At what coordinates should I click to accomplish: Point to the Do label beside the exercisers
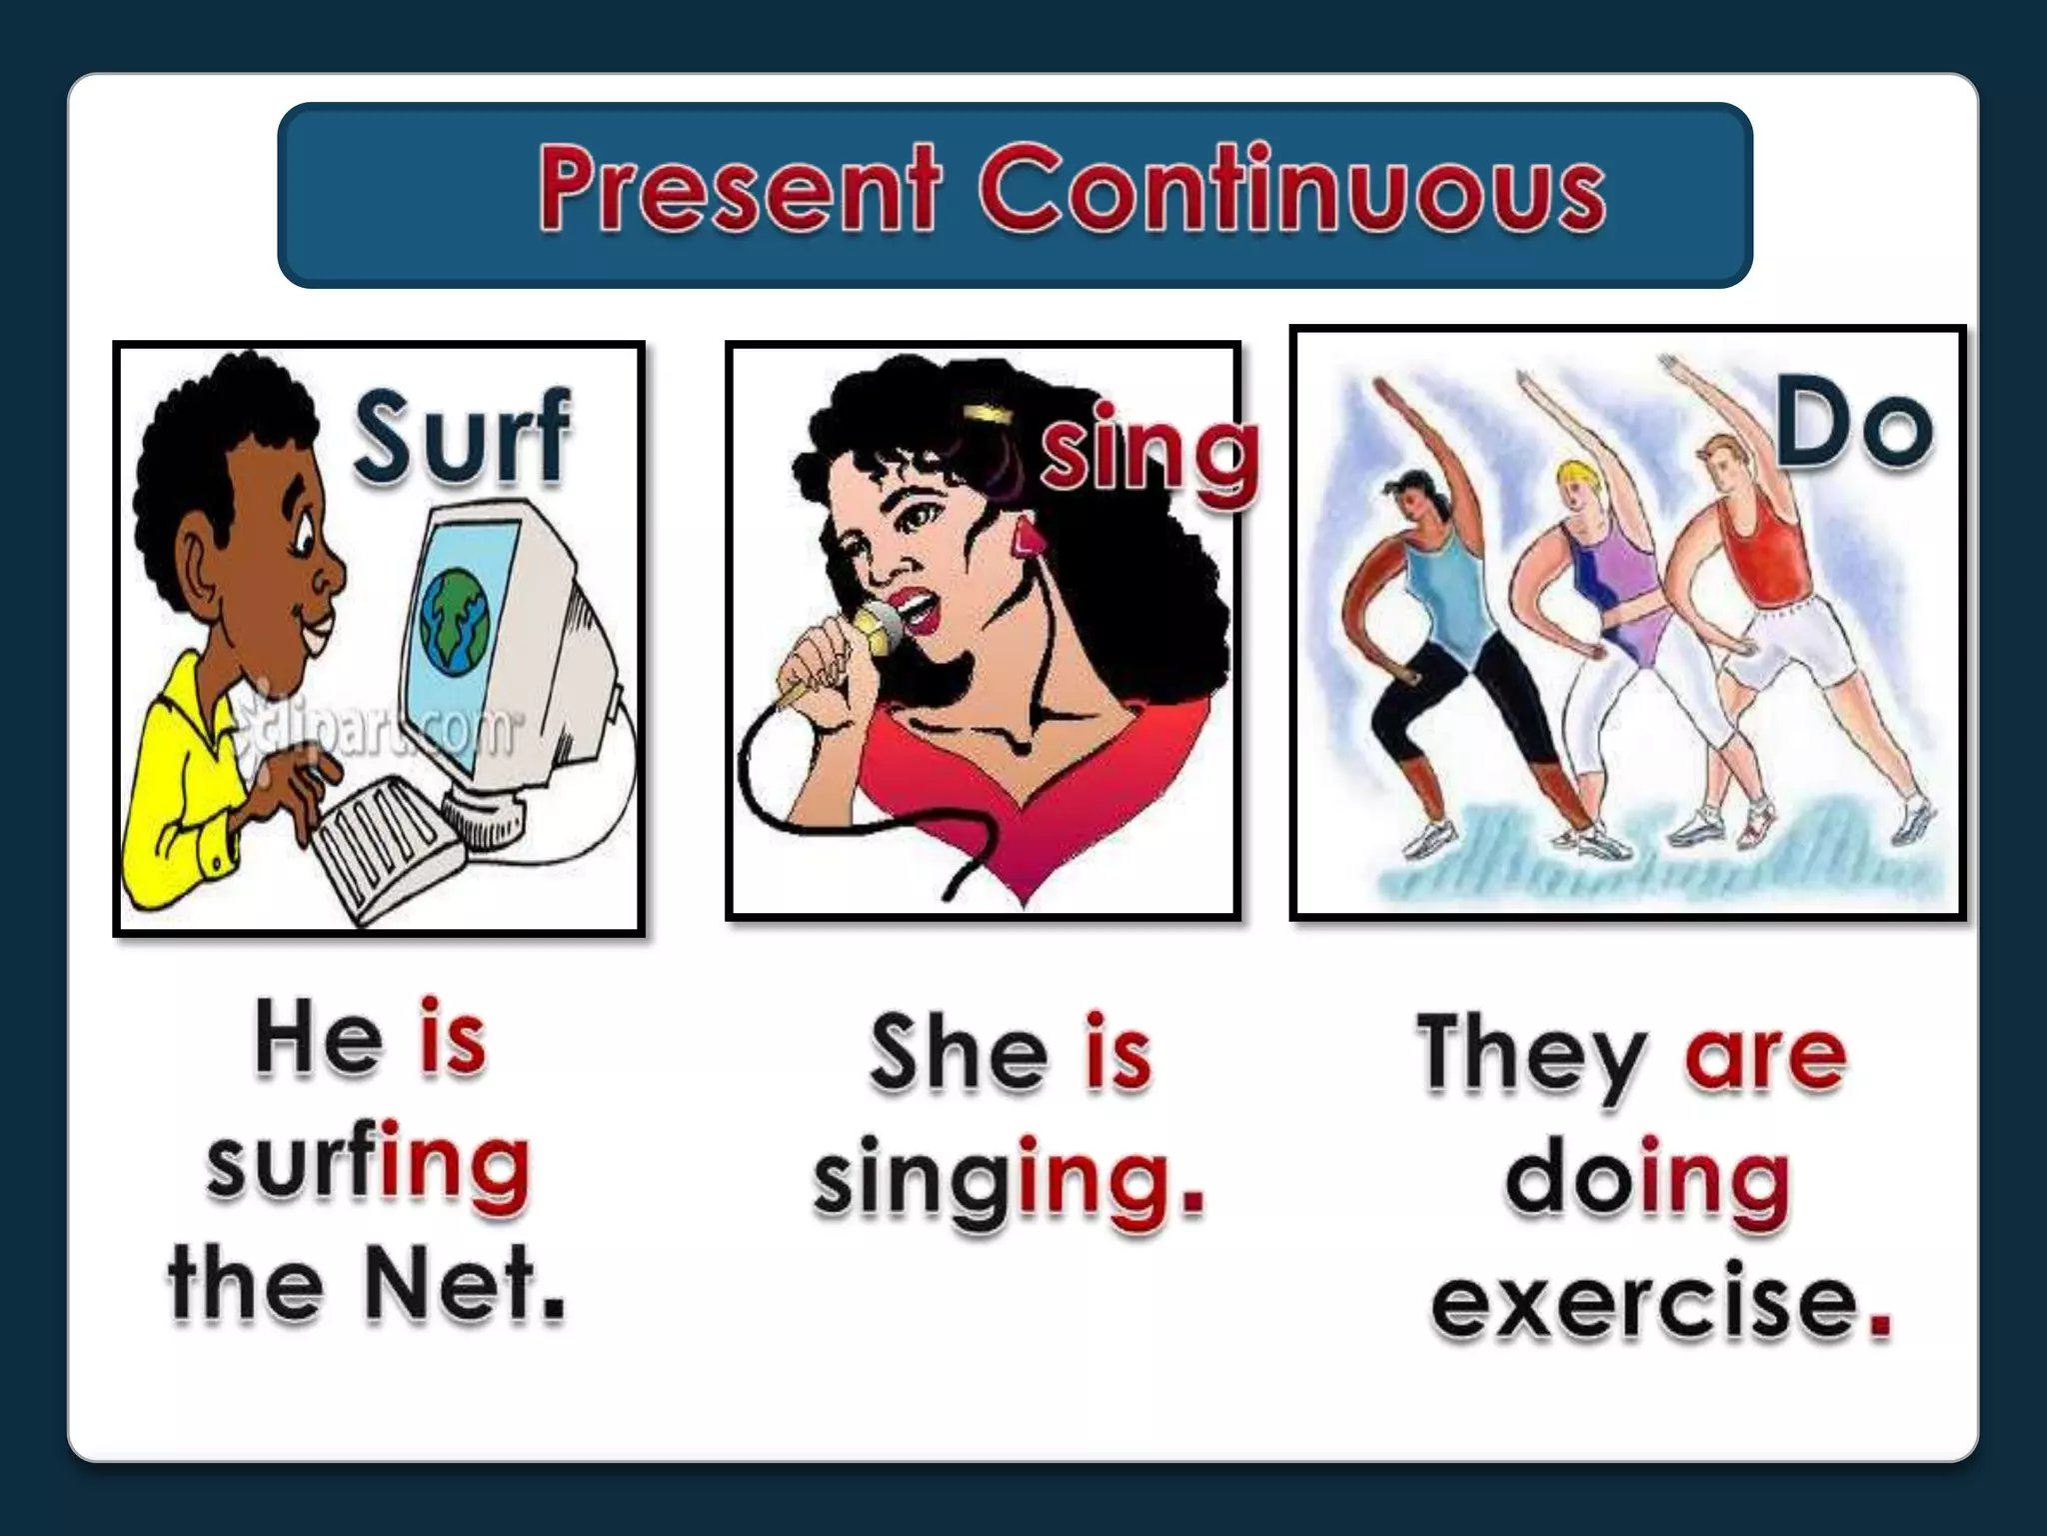(x=1854, y=428)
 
